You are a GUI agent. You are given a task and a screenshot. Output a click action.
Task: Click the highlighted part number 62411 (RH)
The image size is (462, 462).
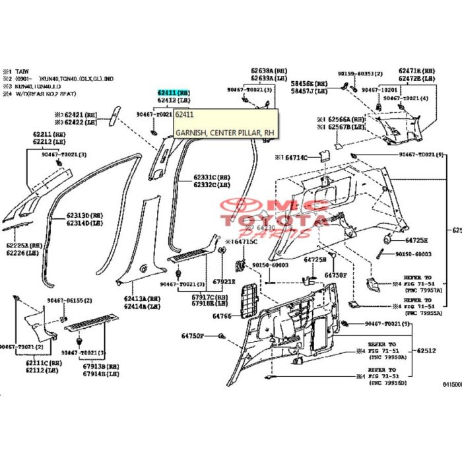(173, 94)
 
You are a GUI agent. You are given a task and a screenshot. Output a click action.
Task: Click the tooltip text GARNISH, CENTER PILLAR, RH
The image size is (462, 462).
(224, 133)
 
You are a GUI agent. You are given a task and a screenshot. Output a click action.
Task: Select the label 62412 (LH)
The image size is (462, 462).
(173, 101)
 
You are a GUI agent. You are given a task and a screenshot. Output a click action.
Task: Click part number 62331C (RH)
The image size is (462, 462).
(211, 178)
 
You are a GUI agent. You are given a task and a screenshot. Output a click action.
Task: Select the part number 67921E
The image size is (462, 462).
(223, 281)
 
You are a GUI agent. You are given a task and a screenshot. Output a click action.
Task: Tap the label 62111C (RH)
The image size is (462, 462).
(43, 362)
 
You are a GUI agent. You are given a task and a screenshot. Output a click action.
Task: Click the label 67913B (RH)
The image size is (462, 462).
(101, 366)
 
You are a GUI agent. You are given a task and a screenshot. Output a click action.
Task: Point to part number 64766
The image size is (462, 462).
(221, 316)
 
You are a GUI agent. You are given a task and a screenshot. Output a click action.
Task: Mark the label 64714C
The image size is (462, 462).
(294, 158)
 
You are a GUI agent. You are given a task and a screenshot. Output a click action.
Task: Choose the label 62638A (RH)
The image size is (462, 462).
(268, 70)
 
